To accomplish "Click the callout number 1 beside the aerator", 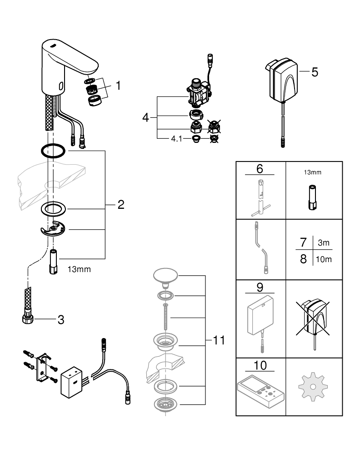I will [118, 85].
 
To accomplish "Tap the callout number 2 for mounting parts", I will [120, 205].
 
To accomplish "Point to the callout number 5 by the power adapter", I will [315, 72].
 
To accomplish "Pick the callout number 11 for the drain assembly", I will [219, 341].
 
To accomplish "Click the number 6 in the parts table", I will [260, 168].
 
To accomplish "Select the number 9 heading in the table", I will [260, 288].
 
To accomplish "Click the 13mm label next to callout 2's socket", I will [79, 269].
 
